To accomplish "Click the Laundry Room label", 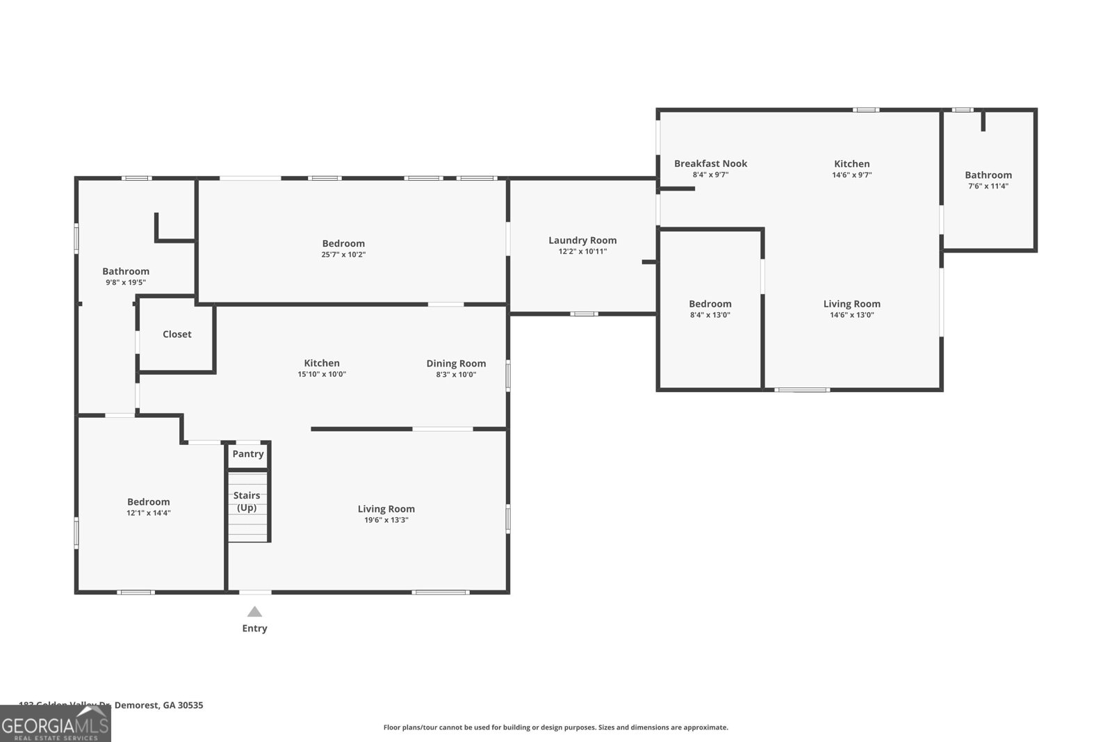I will [582, 241].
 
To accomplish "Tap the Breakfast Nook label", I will [710, 164].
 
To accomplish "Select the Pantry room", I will [248, 454].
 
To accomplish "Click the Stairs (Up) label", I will [247, 501].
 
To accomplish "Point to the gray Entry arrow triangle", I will [254, 612].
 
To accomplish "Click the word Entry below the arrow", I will [254, 629].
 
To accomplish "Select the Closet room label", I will [177, 334].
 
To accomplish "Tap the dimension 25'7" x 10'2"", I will [343, 255].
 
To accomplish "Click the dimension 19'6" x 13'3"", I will [386, 520].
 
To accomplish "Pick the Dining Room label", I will [456, 364].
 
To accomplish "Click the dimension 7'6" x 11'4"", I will [988, 186].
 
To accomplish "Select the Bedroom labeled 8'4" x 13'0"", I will [710, 304].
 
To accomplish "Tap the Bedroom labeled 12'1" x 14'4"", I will [148, 502].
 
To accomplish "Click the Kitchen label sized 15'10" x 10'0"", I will [322, 364].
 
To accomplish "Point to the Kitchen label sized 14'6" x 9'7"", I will [851, 164].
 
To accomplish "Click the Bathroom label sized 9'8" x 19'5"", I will [126, 272].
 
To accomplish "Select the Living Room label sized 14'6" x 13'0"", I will [851, 304].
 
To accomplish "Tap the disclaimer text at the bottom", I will [555, 727].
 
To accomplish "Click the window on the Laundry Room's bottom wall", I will [584, 314].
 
